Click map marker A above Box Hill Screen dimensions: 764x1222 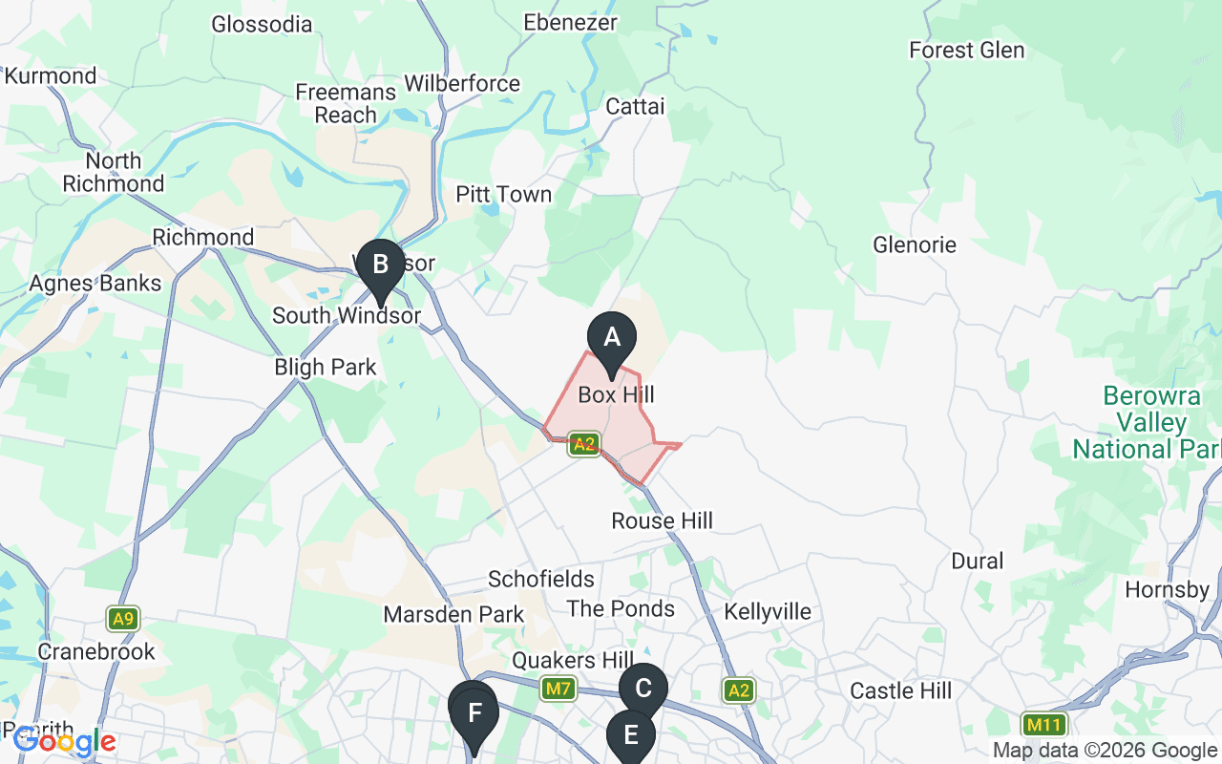click(611, 338)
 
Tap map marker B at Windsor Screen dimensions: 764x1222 click(380, 265)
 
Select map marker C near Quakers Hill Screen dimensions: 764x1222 click(643, 689)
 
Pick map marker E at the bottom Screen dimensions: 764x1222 click(630, 735)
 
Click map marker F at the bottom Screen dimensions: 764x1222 click(474, 712)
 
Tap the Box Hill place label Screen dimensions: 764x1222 click(617, 394)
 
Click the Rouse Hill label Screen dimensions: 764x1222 click(663, 521)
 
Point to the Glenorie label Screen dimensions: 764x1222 click(915, 245)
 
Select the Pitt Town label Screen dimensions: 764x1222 click(503, 195)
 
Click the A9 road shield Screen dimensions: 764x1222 click(121, 619)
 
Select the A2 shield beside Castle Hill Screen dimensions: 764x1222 click(738, 690)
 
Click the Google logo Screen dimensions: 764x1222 click(65, 740)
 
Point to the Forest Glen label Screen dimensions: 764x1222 click(967, 50)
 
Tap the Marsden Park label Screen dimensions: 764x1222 click(453, 614)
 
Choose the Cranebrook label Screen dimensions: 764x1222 click(96, 652)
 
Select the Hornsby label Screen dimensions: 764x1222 click(1167, 589)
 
